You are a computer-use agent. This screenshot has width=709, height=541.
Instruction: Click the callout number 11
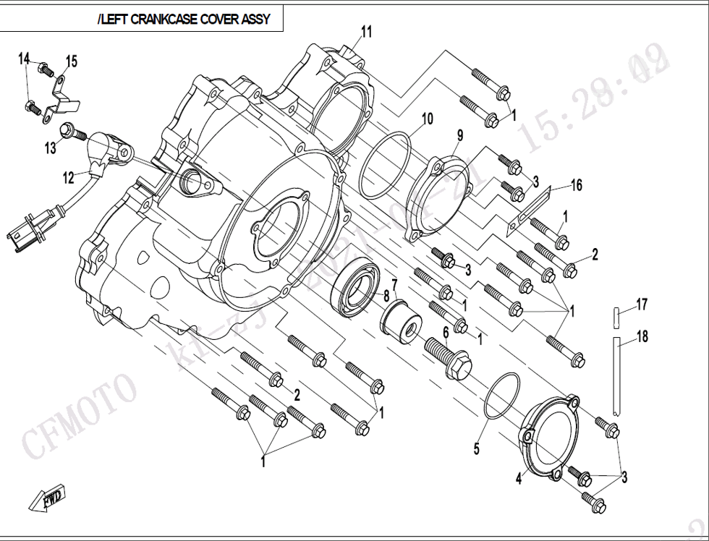[367, 31]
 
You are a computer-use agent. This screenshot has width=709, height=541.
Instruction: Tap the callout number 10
[427, 119]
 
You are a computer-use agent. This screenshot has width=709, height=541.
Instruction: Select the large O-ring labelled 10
[385, 166]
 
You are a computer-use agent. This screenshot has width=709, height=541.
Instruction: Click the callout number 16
[576, 186]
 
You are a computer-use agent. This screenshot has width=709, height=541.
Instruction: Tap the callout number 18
[642, 336]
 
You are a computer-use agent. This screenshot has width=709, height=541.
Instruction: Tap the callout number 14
[25, 59]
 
